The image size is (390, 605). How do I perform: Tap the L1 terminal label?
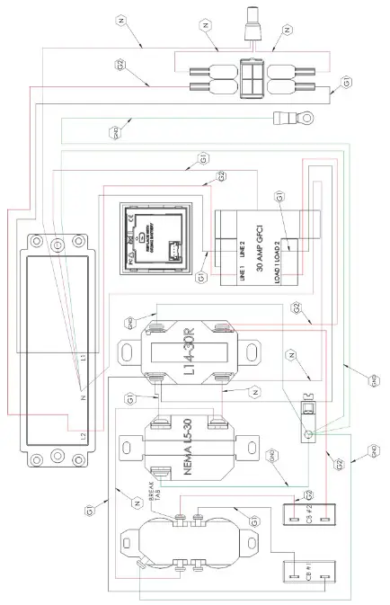pyautogui.click(x=82, y=358)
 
